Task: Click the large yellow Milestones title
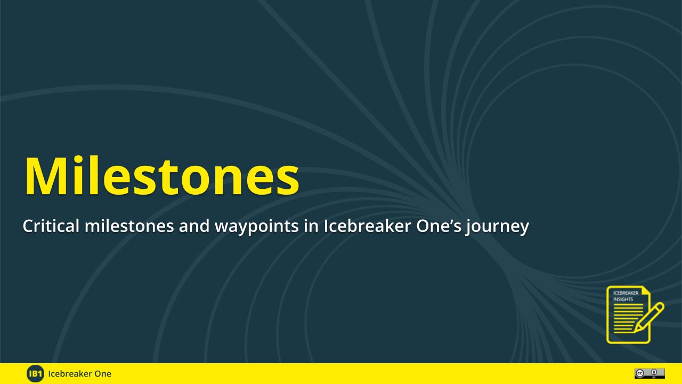click(x=161, y=176)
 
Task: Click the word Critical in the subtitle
click(x=51, y=226)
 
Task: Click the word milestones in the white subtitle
click(x=129, y=226)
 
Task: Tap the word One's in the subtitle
click(x=439, y=226)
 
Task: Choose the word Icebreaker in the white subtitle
click(x=367, y=226)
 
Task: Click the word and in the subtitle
click(x=194, y=226)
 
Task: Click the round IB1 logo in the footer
click(x=35, y=373)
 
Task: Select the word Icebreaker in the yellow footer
click(x=69, y=374)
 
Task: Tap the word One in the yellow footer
click(x=102, y=374)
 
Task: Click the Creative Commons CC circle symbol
click(x=639, y=373)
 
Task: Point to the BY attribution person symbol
click(x=654, y=372)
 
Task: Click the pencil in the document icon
click(x=649, y=317)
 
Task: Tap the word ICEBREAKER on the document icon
click(x=626, y=293)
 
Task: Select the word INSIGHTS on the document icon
click(x=623, y=299)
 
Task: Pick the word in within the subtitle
click(x=311, y=226)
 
